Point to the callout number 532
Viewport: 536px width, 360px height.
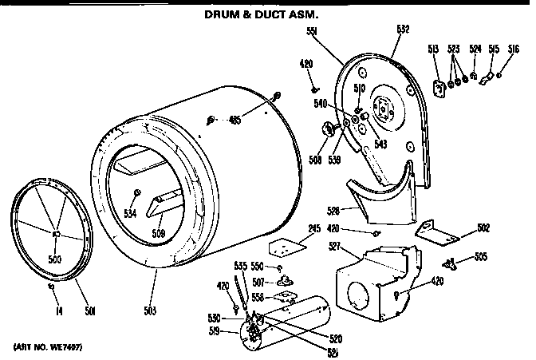(402, 32)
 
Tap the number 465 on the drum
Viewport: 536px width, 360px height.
(234, 121)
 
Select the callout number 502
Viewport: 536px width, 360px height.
(482, 228)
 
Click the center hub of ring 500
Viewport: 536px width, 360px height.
(56, 233)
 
